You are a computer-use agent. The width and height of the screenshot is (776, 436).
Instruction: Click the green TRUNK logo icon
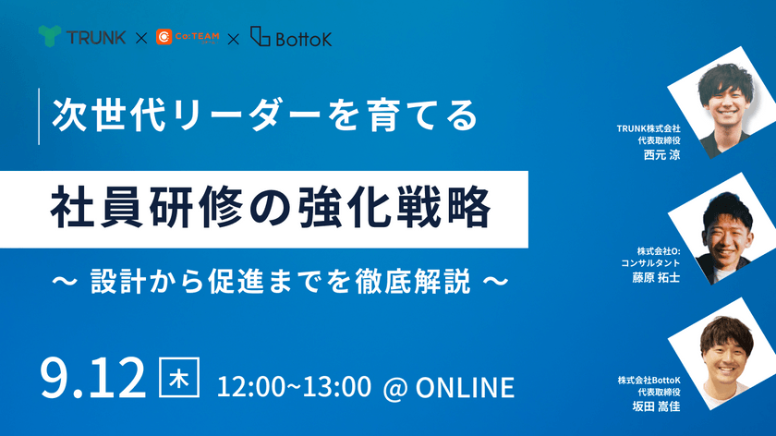[51, 38]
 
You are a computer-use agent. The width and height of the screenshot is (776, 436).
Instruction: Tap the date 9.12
[93, 379]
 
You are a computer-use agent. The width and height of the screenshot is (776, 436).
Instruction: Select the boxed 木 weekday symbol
[179, 379]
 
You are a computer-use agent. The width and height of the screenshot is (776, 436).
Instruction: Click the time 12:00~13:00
[294, 386]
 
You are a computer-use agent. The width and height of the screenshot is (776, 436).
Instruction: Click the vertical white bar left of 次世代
[39, 115]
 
